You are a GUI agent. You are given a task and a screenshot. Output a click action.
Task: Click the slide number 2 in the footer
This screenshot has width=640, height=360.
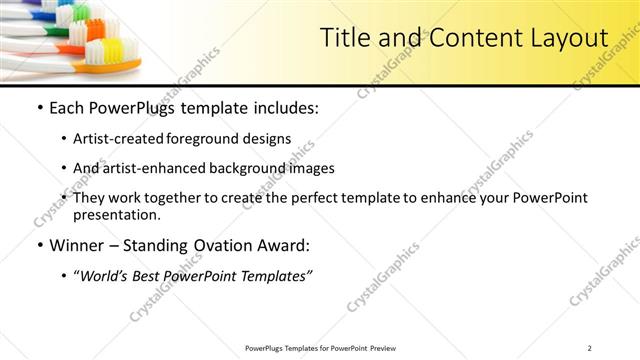(590, 348)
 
